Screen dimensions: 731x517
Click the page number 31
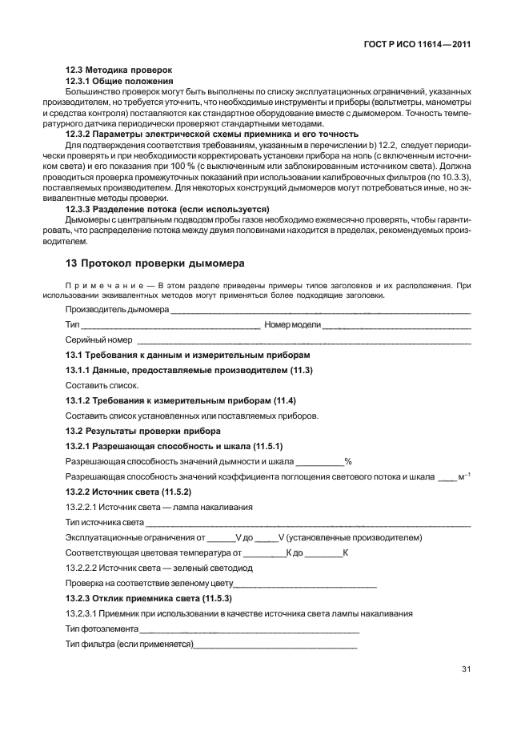point(465,669)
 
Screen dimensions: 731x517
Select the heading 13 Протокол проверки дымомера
point(154,263)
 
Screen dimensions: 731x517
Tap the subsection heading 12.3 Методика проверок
point(118,70)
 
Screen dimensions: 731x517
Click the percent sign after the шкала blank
point(348,461)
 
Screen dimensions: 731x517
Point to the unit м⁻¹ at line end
point(464,476)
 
